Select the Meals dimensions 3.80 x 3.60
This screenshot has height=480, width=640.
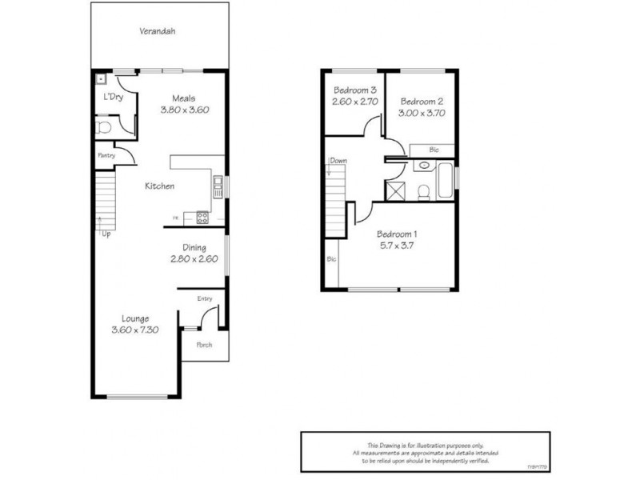(184, 110)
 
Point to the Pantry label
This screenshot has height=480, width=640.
(106, 155)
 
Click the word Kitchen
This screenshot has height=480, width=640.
(159, 186)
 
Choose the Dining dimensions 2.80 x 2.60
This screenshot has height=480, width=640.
(194, 259)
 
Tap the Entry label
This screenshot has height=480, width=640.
(204, 299)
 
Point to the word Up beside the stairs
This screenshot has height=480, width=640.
(106, 234)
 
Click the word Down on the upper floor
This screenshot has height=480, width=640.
(338, 161)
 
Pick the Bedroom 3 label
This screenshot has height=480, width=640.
(352, 90)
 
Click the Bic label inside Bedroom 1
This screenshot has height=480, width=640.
(331, 259)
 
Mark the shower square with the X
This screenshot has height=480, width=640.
(394, 190)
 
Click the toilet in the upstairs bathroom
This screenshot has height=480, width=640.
(426, 190)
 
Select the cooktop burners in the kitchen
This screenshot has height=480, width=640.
(202, 216)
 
